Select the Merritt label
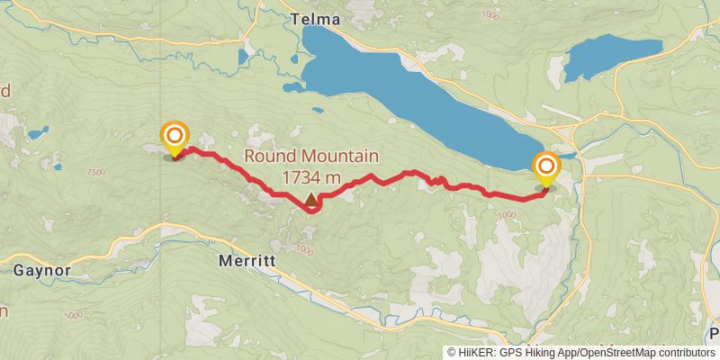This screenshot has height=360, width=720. [246, 262]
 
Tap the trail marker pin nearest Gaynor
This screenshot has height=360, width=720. [175, 138]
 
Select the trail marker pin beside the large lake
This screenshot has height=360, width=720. [545, 168]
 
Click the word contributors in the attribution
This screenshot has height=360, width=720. [684, 353]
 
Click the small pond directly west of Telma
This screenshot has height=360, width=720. [243, 57]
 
